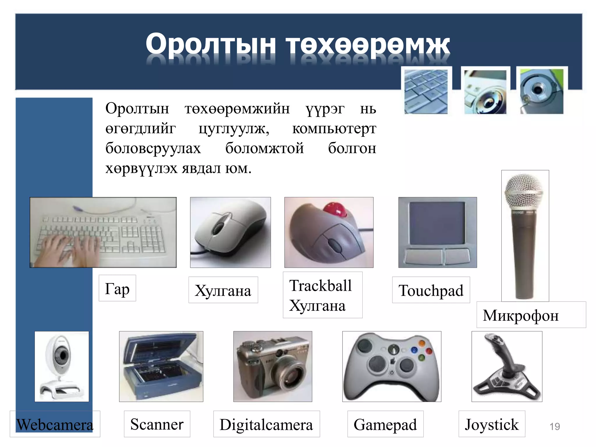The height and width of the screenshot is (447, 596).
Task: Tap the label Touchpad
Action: pyautogui.click(x=431, y=290)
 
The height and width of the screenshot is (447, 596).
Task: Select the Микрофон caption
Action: pyautogui.click(x=521, y=315)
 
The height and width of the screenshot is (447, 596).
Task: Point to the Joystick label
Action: pyautogui.click(x=492, y=424)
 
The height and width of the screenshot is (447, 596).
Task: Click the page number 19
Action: pyautogui.click(x=554, y=426)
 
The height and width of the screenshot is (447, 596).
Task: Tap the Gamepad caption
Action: pyautogui.click(x=385, y=424)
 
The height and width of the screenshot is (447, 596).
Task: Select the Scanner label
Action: pyautogui.click(x=157, y=424)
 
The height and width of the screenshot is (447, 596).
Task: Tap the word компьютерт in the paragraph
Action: pyautogui.click(x=334, y=128)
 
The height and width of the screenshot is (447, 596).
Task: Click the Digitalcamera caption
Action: pyautogui.click(x=266, y=424)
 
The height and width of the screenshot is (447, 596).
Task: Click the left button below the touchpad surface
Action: pyautogui.click(x=423, y=256)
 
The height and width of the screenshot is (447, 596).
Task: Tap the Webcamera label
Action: pyautogui.click(x=55, y=424)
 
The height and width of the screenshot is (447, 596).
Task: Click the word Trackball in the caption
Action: pyautogui.click(x=320, y=285)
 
